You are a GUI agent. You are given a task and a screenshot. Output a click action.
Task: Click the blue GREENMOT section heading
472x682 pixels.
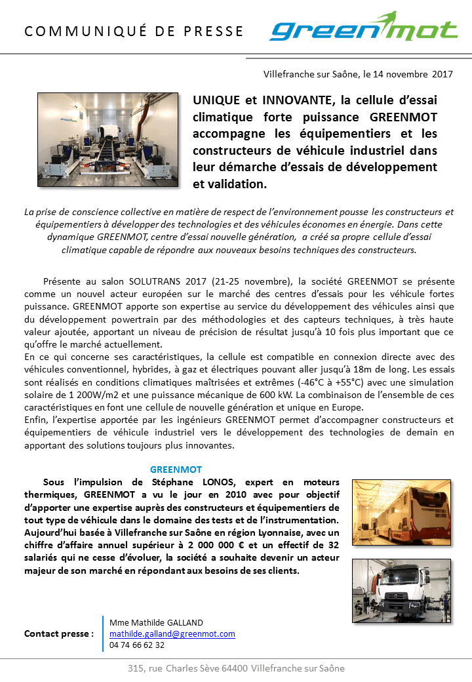point(176,470)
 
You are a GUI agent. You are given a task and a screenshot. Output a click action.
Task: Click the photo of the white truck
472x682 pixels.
point(401,590)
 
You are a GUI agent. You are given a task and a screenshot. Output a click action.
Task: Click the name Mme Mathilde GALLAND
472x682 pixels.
point(156,622)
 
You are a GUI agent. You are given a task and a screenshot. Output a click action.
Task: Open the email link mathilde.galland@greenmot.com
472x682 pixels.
point(172,633)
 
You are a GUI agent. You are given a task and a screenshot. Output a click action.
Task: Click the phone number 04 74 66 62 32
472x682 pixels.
point(137,645)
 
